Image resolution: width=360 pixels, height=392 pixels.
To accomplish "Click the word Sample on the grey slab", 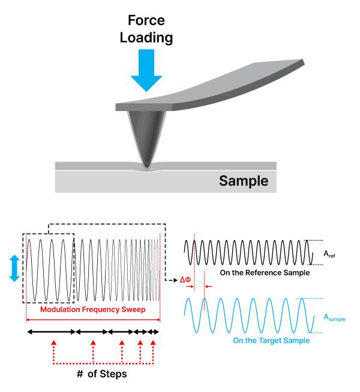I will pos(243,181).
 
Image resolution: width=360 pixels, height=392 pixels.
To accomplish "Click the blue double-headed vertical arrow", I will pos(15,268).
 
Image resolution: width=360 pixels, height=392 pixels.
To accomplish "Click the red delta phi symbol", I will pos(185,279).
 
